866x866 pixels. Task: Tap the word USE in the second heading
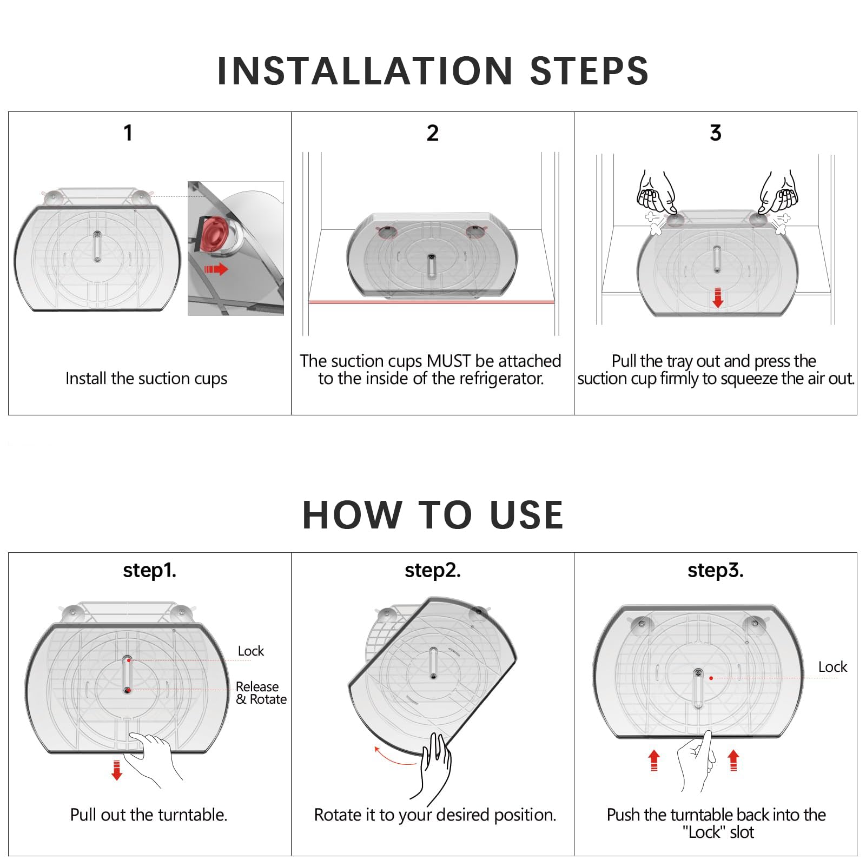click(527, 514)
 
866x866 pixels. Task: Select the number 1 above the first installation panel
click(128, 133)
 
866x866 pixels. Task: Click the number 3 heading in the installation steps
click(716, 133)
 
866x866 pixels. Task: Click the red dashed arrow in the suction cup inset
click(216, 269)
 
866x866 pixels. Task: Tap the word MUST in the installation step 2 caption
click(449, 361)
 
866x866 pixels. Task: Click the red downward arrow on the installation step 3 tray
click(718, 298)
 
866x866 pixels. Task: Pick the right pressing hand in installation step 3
click(778, 192)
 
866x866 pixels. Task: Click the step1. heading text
click(149, 570)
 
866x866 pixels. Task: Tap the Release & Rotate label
click(261, 693)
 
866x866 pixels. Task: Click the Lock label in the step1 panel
click(251, 651)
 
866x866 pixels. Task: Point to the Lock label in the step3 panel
click(832, 667)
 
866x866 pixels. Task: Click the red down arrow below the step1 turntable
click(116, 770)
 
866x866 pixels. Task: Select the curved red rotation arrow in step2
click(394, 757)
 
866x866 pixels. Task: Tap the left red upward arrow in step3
click(654, 760)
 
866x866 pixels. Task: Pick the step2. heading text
click(433, 570)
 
